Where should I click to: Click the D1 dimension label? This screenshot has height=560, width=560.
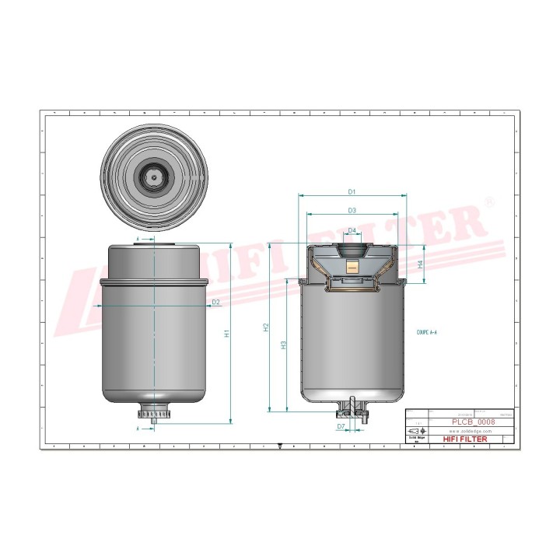pyautogui.click(x=352, y=191)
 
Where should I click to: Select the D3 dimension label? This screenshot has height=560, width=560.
pyautogui.click(x=352, y=210)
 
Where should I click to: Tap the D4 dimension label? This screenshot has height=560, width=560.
pyautogui.click(x=352, y=231)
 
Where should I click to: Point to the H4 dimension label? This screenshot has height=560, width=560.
pyautogui.click(x=421, y=264)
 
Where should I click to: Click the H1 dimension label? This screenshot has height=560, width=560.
pyautogui.click(x=227, y=333)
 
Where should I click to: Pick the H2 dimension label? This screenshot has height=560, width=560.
pyautogui.click(x=265, y=327)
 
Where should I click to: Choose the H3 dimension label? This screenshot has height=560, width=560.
pyautogui.click(x=284, y=344)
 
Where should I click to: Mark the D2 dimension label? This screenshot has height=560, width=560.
pyautogui.click(x=215, y=302)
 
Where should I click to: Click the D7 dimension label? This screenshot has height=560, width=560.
pyautogui.click(x=341, y=427)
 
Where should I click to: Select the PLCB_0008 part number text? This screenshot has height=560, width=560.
pyautogui.click(x=473, y=422)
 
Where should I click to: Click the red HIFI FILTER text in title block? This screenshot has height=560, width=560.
pyautogui.click(x=466, y=439)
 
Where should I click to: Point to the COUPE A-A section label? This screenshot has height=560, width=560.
pyautogui.click(x=427, y=331)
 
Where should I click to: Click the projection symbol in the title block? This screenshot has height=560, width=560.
pyautogui.click(x=413, y=431)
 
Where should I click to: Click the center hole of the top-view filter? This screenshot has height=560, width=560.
pyautogui.click(x=155, y=177)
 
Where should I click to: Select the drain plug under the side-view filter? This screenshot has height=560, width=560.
pyautogui.click(x=156, y=411)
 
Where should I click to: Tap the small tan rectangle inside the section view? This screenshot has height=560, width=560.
pyautogui.click(x=352, y=264)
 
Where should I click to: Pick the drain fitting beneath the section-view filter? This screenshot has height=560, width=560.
pyautogui.click(x=352, y=409)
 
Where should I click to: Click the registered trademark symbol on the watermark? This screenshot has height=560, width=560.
pyautogui.click(x=489, y=201)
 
